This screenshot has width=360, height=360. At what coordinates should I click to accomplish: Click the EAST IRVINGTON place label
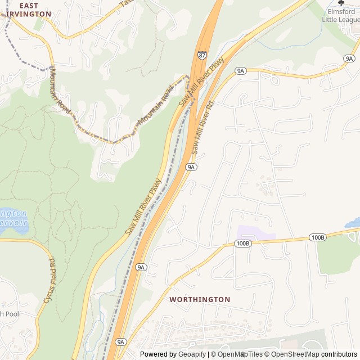[x=28, y=10]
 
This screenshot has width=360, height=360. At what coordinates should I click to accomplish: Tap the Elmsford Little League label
[x=341, y=16]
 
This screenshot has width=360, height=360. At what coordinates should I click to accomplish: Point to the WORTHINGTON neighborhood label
[x=200, y=300]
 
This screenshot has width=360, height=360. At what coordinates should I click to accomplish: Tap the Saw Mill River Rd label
[x=203, y=128]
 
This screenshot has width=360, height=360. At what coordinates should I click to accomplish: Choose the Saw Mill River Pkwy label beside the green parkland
[x=143, y=207]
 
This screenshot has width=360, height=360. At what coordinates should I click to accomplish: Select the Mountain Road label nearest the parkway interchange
[x=154, y=109]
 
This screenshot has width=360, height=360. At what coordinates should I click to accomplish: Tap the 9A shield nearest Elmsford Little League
[x=349, y=58]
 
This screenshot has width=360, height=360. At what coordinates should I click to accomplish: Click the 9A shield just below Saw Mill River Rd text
[x=191, y=167]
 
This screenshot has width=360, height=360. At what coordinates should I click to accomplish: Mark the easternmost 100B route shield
[x=318, y=237]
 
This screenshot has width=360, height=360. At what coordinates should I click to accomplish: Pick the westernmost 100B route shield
[x=242, y=244]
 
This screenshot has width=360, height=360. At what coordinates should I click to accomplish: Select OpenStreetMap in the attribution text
[x=295, y=354]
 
